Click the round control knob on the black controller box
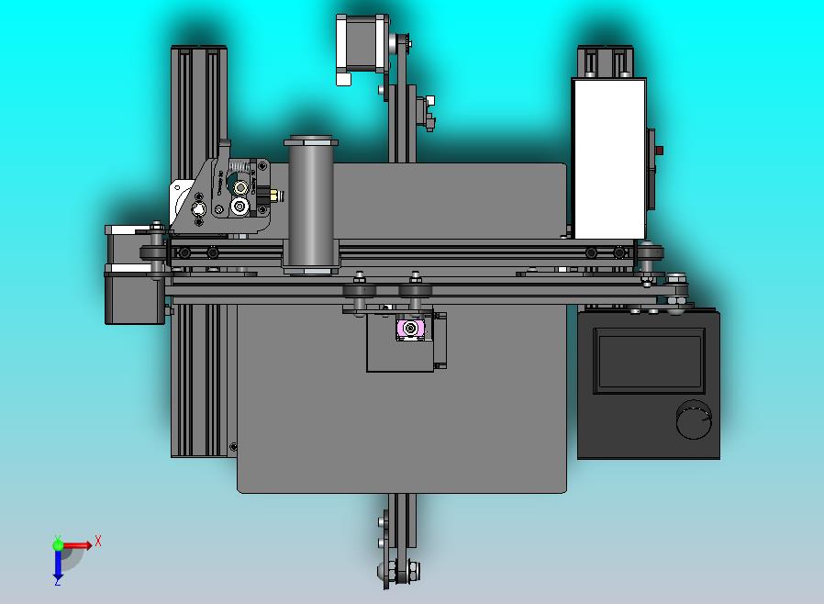(694, 419)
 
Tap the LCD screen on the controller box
(649, 362)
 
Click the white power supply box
(608, 158)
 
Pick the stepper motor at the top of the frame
(362, 43)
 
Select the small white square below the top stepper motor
(344, 80)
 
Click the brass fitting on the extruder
(273, 196)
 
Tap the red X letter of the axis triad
(98, 541)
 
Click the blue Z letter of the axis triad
(57, 580)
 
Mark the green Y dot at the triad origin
(58, 544)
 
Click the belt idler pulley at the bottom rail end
(400, 571)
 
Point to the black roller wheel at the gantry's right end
(651, 252)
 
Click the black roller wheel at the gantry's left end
(153, 252)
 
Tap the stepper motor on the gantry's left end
(134, 275)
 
